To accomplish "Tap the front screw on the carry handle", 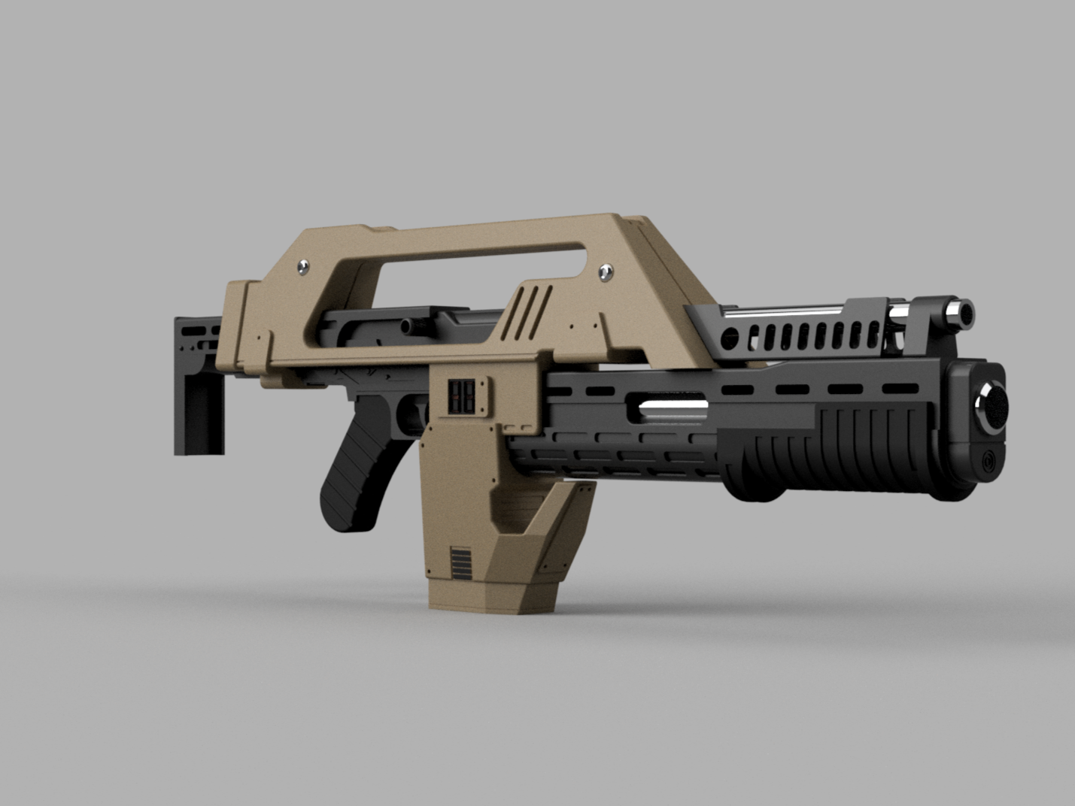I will [x=606, y=271].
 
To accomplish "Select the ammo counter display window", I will [x=461, y=395].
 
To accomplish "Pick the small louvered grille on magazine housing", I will [x=460, y=564].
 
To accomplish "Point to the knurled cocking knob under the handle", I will [x=408, y=326].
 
